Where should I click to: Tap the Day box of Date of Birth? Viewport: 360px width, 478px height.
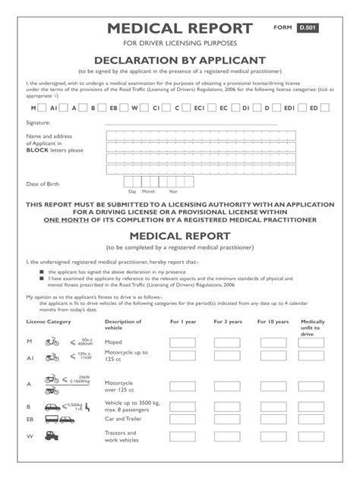tap(132, 182)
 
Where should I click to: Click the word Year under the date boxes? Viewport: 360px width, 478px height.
tap(173, 192)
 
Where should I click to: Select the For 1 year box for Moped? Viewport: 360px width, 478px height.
tap(182, 343)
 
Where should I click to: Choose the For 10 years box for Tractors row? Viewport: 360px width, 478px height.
tap(273, 437)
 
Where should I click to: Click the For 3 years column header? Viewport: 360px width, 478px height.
tap(227, 322)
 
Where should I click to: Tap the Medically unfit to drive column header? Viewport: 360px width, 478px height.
tap(312, 328)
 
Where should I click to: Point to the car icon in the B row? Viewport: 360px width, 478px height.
tap(52, 407)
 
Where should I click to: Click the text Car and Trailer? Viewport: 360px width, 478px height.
tap(124, 417)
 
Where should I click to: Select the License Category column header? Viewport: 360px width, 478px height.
tap(48, 322)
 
